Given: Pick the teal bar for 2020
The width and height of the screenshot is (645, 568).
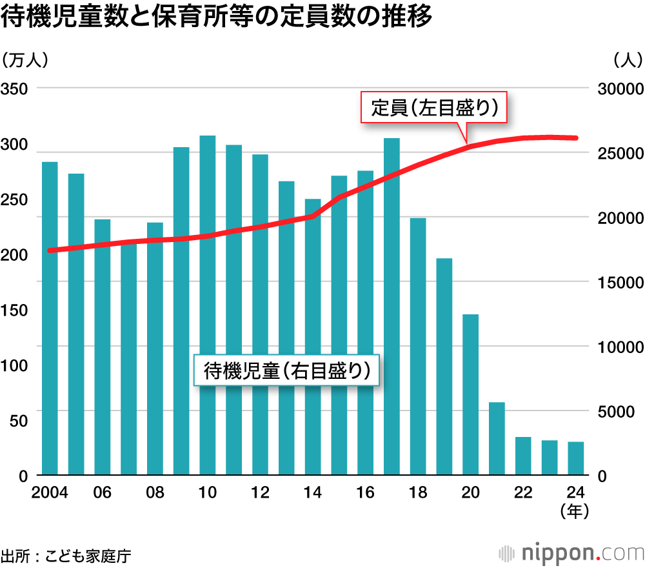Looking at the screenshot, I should click(470, 394).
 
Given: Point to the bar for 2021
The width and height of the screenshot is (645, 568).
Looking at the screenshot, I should click(497, 438).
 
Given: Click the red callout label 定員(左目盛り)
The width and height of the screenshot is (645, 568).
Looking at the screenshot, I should click(434, 108).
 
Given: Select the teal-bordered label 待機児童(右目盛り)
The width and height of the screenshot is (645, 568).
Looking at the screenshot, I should click(287, 370).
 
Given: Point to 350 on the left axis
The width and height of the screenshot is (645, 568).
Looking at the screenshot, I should click(14, 88).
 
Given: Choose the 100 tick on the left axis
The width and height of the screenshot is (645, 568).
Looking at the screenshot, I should click(14, 365).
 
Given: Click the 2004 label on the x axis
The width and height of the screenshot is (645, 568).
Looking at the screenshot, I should click(50, 492).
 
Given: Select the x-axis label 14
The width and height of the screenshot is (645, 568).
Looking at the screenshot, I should click(313, 492).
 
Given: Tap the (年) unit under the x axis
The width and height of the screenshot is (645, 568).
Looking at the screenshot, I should click(575, 512).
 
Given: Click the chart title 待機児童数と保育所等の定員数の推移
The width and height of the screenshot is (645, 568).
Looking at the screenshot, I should click(216, 18).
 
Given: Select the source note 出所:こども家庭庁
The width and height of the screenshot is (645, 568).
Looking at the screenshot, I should click(66, 555).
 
